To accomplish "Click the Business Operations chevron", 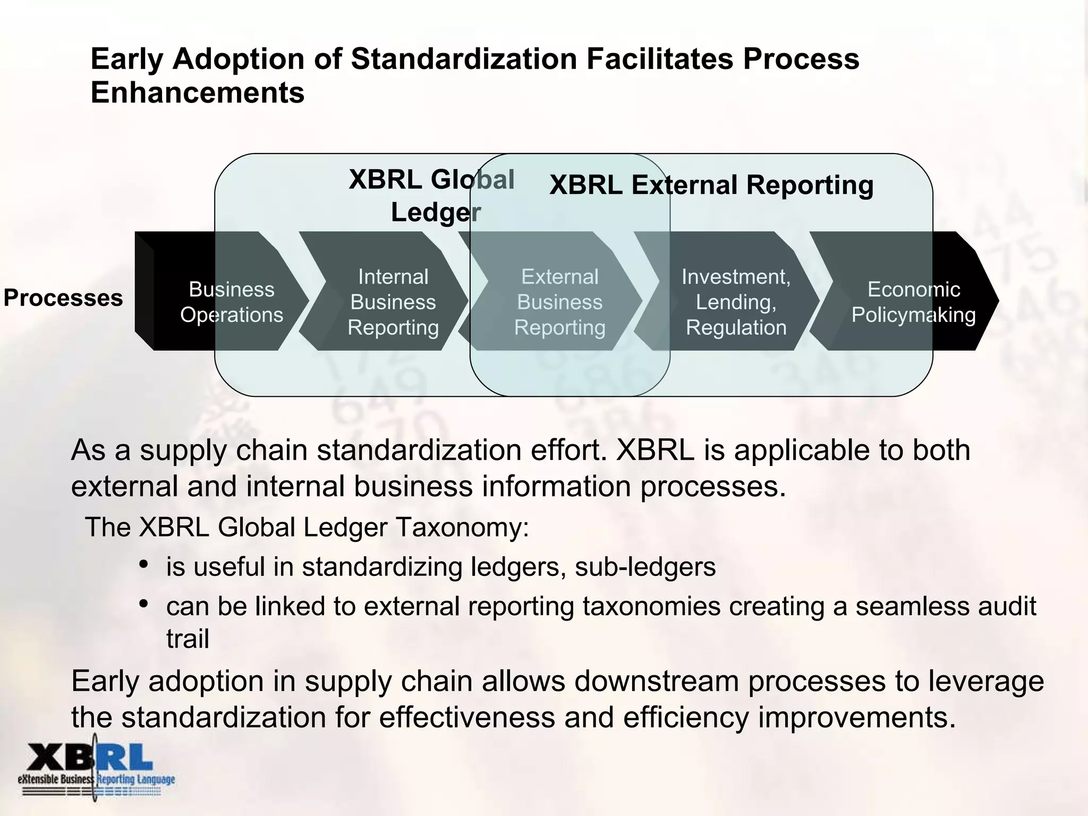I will point(232,302).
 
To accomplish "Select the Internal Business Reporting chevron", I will point(393,302).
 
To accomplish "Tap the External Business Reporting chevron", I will point(559,302).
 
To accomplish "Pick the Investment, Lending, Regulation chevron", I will point(736,302).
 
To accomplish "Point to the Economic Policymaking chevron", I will point(913,302).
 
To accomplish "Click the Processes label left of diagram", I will point(63,298).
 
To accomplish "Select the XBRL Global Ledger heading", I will point(431,195).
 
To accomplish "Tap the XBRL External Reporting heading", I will point(711,185).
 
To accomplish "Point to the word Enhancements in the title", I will point(197,92).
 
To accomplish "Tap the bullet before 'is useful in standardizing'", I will point(143,564).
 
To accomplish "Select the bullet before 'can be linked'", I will point(143,603).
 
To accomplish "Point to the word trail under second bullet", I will point(187,639).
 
